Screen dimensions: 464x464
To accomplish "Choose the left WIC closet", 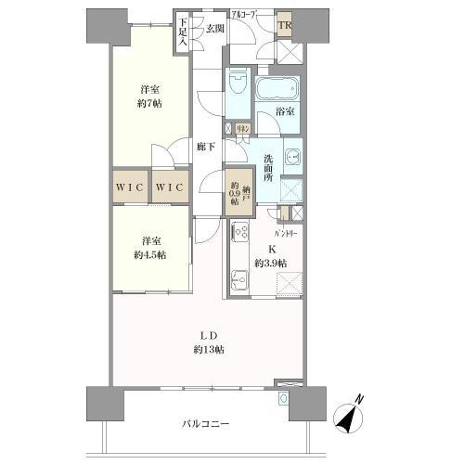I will coord(130,187).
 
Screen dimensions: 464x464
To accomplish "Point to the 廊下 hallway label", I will coord(206,146).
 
